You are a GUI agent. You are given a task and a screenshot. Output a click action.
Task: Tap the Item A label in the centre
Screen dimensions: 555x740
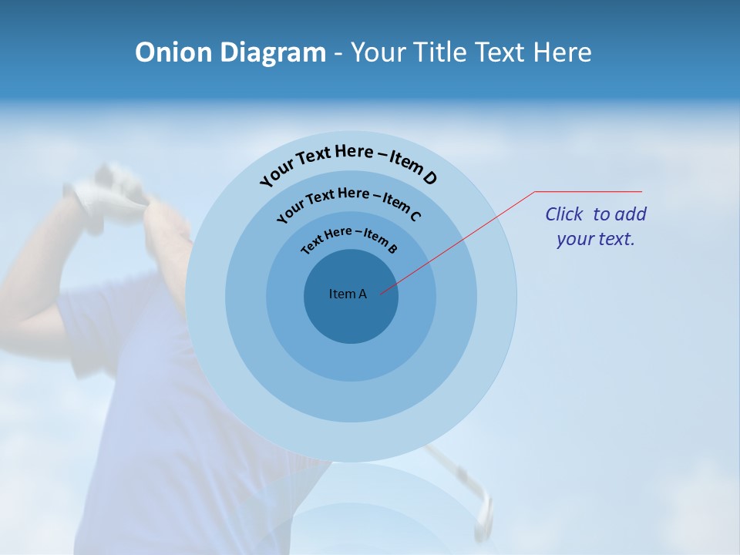coord(348,294)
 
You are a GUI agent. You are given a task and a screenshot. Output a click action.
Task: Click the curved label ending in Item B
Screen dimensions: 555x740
coord(348,239)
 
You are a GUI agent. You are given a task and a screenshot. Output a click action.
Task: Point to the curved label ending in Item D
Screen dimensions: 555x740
coord(348,164)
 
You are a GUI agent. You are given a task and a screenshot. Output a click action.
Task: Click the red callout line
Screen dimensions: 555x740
coord(462,240)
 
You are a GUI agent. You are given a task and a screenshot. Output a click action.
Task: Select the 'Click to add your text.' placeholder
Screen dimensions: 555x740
coord(595,227)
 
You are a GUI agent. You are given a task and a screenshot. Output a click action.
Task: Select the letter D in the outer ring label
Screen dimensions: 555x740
coord(429,179)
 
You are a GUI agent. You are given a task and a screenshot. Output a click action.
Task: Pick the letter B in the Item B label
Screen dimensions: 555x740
coord(392,248)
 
